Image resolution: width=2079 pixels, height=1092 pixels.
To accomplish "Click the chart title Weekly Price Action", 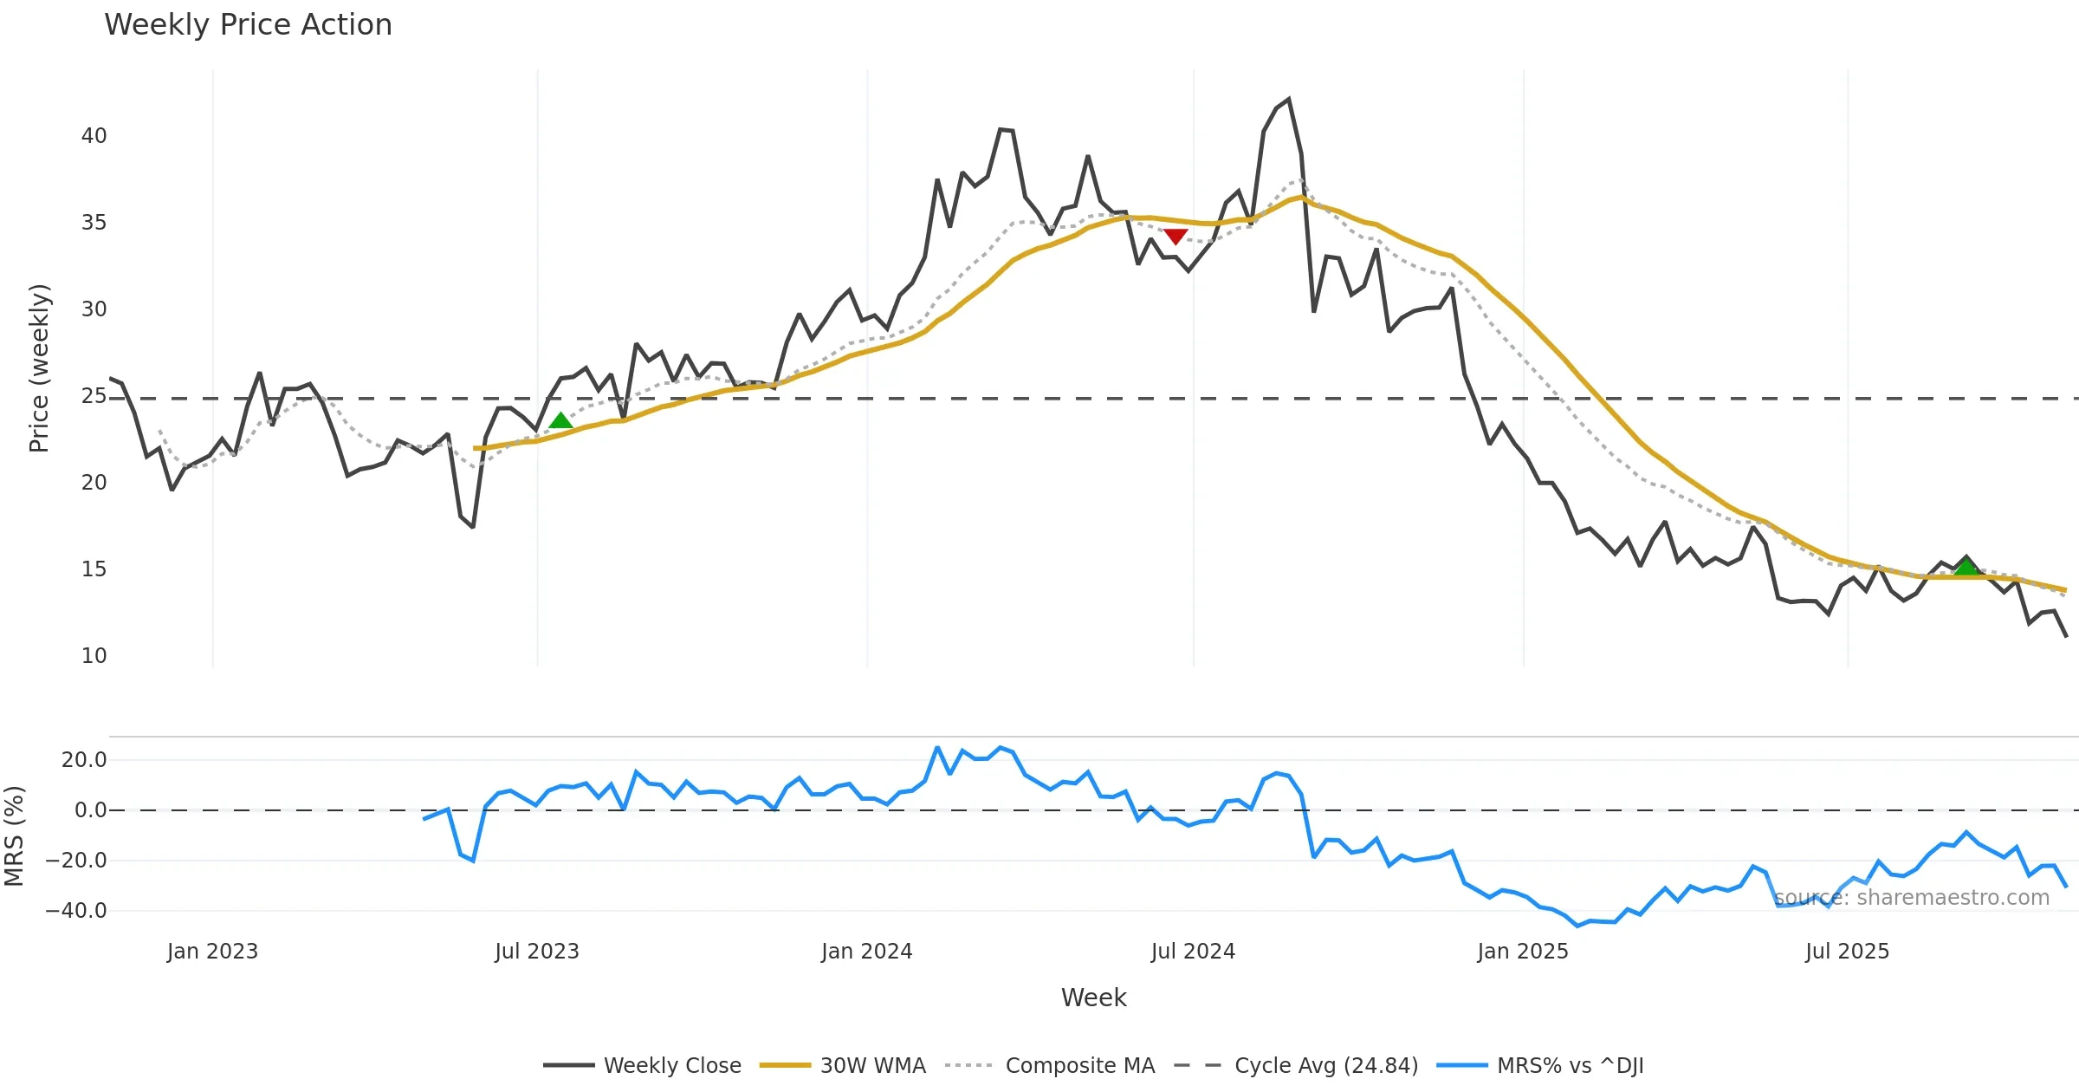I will click(248, 25).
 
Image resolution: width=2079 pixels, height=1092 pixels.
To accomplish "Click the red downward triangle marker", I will click(1176, 236).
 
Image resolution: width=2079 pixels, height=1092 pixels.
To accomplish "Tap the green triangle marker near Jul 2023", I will click(561, 421).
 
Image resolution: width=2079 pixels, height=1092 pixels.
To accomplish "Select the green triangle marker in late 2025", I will click(1966, 568).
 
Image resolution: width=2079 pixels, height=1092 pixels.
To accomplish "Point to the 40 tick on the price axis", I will click(94, 136).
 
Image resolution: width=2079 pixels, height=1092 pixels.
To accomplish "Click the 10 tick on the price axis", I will click(94, 656).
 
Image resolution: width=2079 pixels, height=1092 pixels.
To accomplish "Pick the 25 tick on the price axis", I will click(94, 396).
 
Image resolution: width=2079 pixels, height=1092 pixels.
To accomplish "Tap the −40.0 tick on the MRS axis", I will click(76, 911).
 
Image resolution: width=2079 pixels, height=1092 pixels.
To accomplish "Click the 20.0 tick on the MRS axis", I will click(83, 760).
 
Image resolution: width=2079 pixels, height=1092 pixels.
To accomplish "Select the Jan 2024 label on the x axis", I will click(866, 952).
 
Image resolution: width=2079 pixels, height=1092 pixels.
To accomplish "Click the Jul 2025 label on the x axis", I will click(1847, 952).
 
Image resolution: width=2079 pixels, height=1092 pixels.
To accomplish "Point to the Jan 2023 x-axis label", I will click(212, 952).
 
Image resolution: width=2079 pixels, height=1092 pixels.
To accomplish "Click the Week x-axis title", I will click(1093, 998).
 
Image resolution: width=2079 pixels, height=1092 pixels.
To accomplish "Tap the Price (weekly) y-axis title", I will click(40, 368).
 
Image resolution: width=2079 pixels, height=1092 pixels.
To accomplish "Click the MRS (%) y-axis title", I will click(15, 836).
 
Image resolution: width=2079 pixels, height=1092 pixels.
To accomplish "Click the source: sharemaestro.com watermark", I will click(1912, 898).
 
